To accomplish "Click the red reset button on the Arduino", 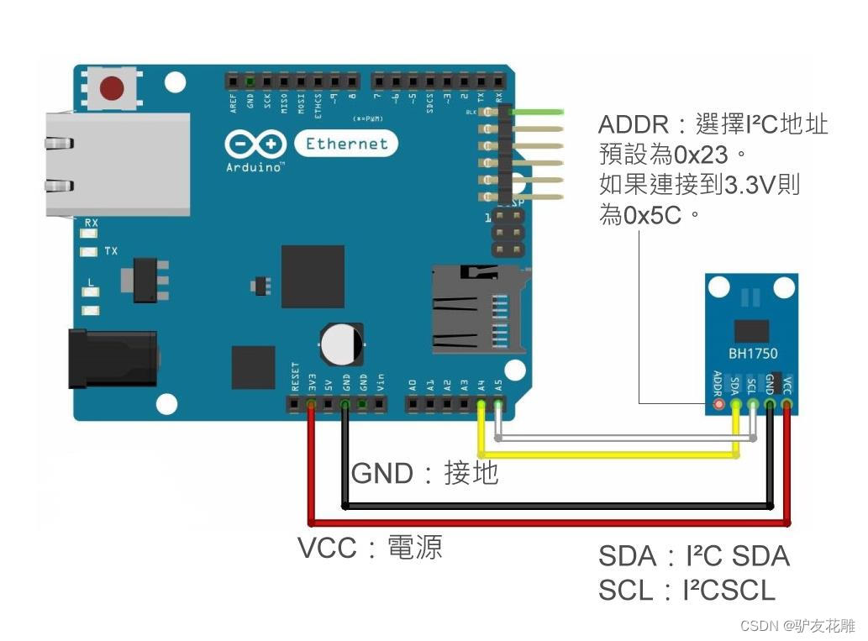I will (111, 87).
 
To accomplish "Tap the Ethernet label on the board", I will (347, 144).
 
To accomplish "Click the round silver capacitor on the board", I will (341, 344).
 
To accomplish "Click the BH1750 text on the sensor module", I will (752, 354).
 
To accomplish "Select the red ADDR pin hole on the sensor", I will (718, 405).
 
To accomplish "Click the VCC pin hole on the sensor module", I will (787, 405).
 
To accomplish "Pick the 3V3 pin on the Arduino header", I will (312, 405).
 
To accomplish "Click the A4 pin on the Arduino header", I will (481, 405).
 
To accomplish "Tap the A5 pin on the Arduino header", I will (498, 405).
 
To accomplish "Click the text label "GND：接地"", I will (424, 473).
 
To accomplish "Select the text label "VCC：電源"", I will (370, 548).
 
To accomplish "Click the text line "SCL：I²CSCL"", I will (687, 591).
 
